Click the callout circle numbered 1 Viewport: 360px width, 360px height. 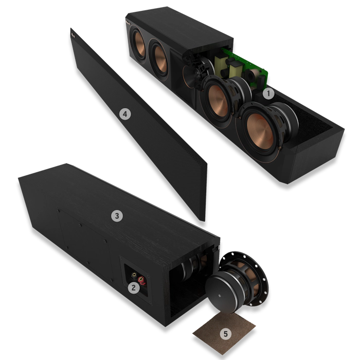point(267,94)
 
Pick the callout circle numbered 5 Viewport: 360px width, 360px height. point(225,334)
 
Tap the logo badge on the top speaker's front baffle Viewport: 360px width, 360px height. point(131,23)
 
